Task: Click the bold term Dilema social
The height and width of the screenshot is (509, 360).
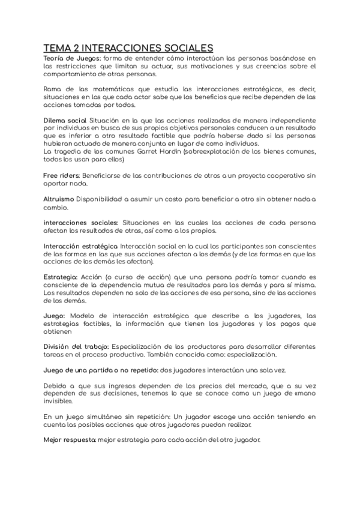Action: (x=65, y=120)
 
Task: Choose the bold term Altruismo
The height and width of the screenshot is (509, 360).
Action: (x=59, y=199)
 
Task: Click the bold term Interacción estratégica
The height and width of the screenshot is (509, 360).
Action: (x=81, y=247)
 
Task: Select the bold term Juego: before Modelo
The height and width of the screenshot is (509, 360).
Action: (x=55, y=316)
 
